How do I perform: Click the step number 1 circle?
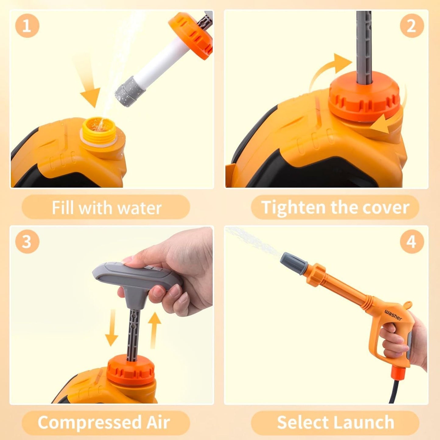tap(27, 26)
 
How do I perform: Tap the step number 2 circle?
tap(412, 26)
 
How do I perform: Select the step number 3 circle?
tap(27, 242)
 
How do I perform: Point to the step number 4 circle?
tap(412, 242)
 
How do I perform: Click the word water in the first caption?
tap(139, 208)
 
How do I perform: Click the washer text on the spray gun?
tap(393, 315)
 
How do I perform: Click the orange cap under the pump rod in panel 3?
tap(131, 370)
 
